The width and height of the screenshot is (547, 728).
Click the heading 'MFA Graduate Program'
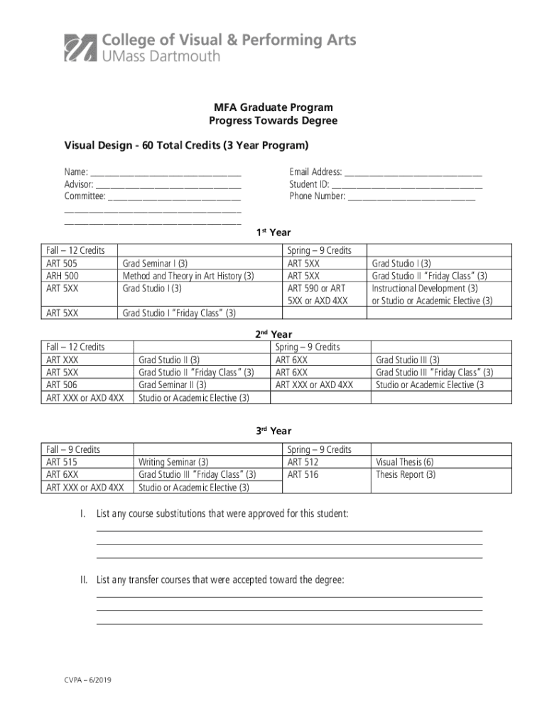point(273,107)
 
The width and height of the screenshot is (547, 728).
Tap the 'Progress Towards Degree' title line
point(273,121)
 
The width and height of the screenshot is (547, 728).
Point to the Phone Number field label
point(317,196)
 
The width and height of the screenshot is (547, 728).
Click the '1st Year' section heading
point(273,232)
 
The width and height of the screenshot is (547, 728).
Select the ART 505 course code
point(62,263)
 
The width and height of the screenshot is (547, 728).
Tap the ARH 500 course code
point(63,276)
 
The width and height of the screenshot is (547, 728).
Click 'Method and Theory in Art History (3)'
point(188,276)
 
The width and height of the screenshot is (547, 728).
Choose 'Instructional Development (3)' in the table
point(425,289)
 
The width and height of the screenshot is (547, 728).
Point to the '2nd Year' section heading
point(273,334)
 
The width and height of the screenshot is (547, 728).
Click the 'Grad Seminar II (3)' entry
point(173,385)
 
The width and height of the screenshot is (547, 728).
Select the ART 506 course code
point(62,385)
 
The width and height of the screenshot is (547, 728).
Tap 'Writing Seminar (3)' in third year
point(173,462)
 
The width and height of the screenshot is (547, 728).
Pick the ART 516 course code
point(303,475)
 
